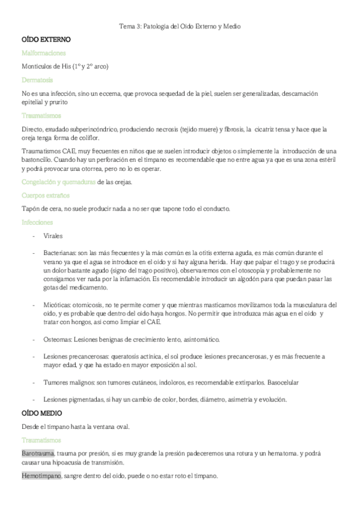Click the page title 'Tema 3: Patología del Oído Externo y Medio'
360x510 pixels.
tap(180, 27)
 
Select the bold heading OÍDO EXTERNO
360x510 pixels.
tap(46, 40)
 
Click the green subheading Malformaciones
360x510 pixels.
tap(44, 53)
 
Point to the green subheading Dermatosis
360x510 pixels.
tap(37, 79)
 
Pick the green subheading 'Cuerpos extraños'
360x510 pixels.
tap(45, 195)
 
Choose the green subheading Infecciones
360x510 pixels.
tap(37, 222)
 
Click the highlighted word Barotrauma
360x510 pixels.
tap(38, 452)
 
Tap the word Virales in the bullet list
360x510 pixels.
tap(54, 236)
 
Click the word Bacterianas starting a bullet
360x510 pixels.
tap(61, 253)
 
